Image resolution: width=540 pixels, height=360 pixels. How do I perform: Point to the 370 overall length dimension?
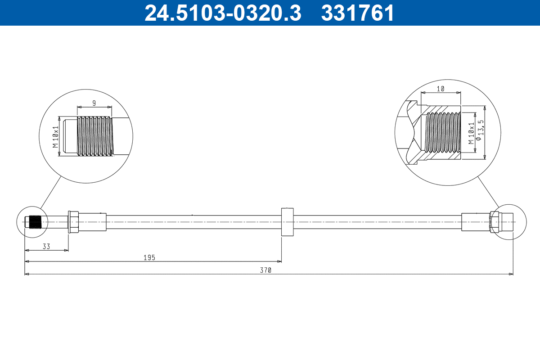[266, 270]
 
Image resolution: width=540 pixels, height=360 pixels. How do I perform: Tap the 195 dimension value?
[149, 257]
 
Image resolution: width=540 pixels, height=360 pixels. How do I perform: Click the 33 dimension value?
[46, 246]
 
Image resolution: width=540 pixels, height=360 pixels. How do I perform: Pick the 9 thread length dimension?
[94, 103]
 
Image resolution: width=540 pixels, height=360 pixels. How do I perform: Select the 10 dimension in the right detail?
[441, 89]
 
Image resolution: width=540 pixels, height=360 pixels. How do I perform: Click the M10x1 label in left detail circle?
[55, 137]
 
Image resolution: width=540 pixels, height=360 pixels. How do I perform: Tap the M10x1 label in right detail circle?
[471, 133]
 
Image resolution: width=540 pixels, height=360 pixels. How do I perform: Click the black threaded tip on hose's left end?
[35, 222]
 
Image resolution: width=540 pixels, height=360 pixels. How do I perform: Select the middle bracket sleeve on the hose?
[288, 222]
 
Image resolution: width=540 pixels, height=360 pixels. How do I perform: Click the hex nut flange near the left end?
[73, 222]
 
